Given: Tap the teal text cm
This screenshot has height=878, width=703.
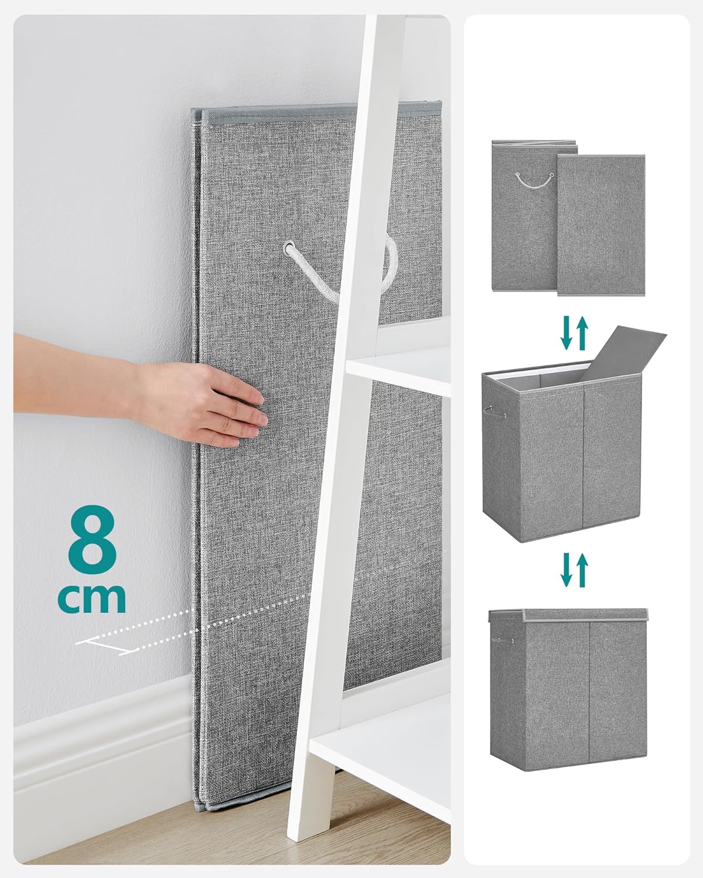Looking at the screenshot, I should pos(92,598).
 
